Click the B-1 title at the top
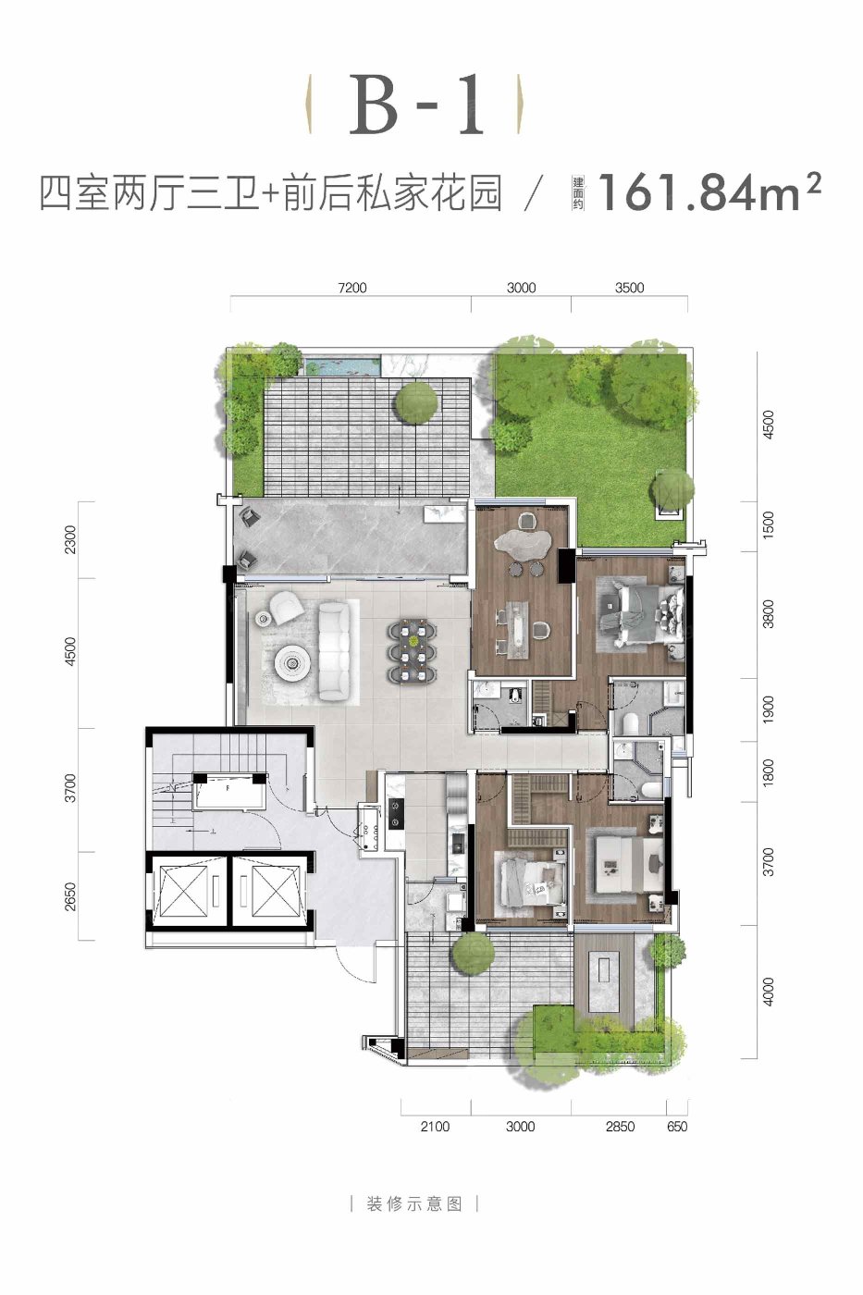tap(416, 105)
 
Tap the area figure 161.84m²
tap(709, 191)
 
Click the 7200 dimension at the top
tap(352, 288)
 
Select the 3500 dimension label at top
tap(629, 288)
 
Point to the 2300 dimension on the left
tap(70, 539)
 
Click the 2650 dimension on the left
tap(70, 896)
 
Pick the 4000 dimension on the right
tap(768, 992)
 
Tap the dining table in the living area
tap(413, 649)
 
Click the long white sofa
tap(335, 650)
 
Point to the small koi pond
tap(341, 366)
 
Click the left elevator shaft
tap(183, 890)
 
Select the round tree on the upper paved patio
tap(415, 401)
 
